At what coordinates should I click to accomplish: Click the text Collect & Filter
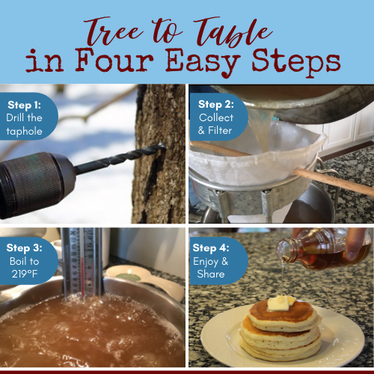pos(216,124)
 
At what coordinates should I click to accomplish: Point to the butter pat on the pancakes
pos(279,302)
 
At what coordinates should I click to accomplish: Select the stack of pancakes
pos(280,329)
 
